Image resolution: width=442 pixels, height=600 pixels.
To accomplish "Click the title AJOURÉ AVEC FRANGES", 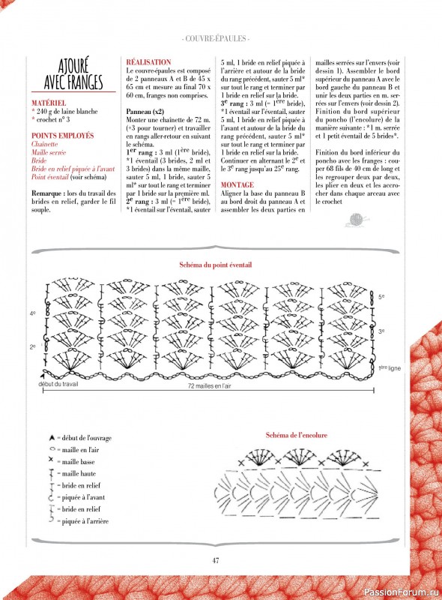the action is (73, 73).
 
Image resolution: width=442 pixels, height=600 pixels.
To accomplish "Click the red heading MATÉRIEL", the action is (49, 103).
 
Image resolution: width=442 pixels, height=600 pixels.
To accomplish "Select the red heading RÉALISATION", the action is (149, 62).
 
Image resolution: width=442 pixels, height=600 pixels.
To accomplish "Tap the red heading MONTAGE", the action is (237, 184).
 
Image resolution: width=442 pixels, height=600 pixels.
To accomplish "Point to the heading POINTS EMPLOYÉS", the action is (62, 136).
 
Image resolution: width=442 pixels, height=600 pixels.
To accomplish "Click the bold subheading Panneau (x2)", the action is (145, 112).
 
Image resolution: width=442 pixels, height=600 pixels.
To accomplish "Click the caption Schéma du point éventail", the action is (216, 265).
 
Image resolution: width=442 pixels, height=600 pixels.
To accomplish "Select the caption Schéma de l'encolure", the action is (297, 435).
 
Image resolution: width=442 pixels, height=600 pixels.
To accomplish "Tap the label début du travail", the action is (58, 384).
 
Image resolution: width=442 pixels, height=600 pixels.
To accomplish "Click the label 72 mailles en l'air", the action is (209, 386).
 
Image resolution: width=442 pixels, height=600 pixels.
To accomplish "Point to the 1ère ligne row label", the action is (390, 368).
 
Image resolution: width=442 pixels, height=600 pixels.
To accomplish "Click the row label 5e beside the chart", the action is (381, 297).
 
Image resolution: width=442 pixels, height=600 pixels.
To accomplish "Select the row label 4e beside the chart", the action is (32, 313).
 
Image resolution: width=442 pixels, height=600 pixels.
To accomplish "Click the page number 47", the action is (216, 560).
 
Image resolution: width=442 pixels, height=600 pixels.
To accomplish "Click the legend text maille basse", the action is (78, 462).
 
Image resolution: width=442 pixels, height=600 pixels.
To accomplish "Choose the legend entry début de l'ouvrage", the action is (80, 438).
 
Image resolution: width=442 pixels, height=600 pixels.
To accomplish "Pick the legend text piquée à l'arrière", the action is (85, 521).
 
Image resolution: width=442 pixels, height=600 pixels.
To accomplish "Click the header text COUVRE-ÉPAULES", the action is (216, 39).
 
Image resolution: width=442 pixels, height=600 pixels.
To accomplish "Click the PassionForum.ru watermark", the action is (402, 592).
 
